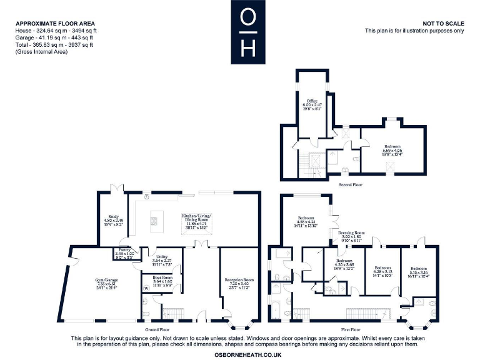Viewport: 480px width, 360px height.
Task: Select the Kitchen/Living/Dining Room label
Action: pyautogui.click(x=197, y=219)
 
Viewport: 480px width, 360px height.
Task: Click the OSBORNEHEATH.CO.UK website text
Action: pyautogui.click(x=248, y=354)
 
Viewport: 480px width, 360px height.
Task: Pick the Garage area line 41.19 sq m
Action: pyautogui.click(x=54, y=38)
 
